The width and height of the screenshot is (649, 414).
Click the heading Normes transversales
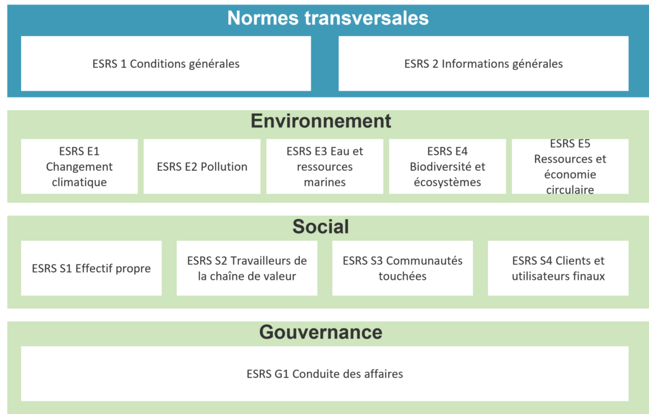coord(328,18)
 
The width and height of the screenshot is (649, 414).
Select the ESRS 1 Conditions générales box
coord(166,63)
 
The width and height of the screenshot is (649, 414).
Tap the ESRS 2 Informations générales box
coord(484,63)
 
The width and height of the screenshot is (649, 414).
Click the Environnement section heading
coord(321,121)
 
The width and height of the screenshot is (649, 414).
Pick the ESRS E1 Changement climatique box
coord(79,166)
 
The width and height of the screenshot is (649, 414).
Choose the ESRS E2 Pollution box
coord(202,166)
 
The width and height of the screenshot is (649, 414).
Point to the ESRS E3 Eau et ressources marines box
coord(324,166)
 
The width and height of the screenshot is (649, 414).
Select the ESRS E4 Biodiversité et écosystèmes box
coord(447,166)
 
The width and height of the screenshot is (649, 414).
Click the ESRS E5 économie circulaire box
coord(570,166)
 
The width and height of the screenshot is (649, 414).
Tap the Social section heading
coord(321,227)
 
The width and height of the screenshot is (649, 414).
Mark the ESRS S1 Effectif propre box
coord(91,268)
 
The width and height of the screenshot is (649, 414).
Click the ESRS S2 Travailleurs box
coord(247,268)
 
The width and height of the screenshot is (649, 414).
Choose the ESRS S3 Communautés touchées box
coord(402,268)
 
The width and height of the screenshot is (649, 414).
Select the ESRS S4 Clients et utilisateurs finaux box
coord(558,268)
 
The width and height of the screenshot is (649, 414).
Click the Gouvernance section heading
coord(321,332)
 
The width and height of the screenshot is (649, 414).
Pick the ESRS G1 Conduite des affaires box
coord(324,373)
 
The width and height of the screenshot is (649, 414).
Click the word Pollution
coord(224,166)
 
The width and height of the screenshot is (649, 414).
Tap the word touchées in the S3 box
coord(402,276)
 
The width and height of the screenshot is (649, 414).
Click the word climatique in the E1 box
coord(79,182)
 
